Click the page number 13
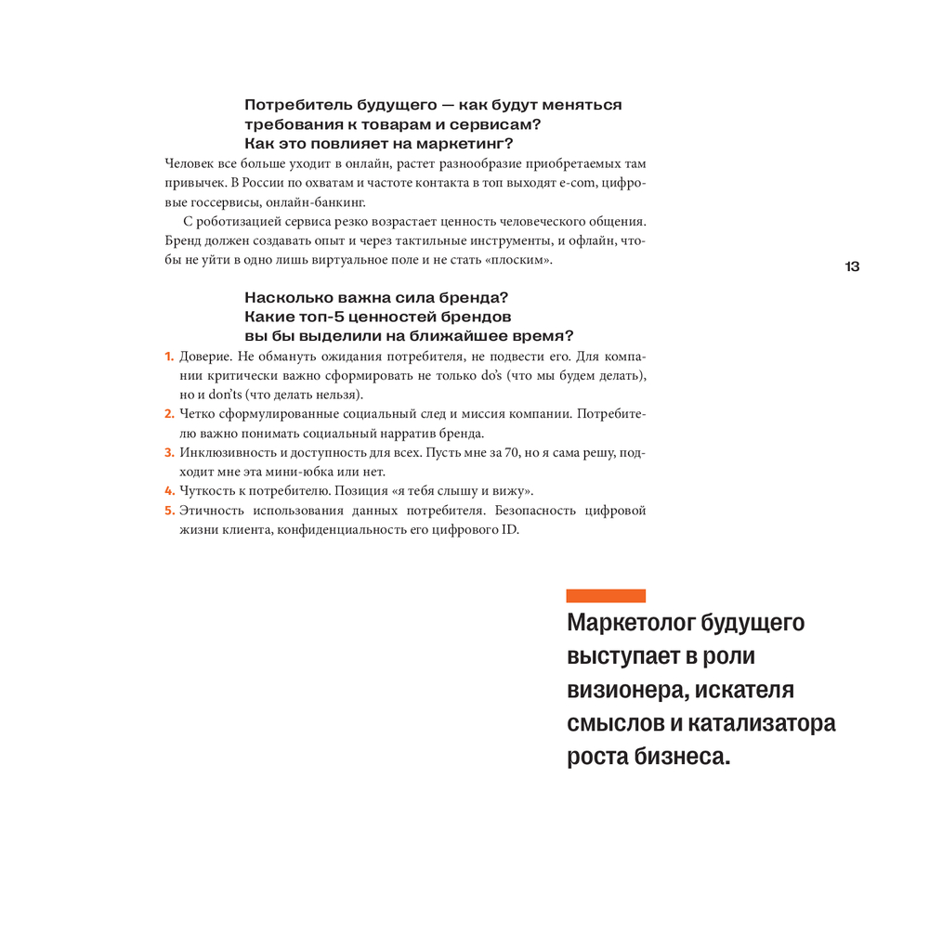tap(852, 266)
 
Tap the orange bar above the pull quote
tap(606, 596)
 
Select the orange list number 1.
tap(169, 356)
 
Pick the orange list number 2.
tap(169, 414)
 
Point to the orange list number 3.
tap(169, 452)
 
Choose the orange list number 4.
tap(169, 490)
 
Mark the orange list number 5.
tap(169, 510)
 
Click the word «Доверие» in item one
tap(205, 356)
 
